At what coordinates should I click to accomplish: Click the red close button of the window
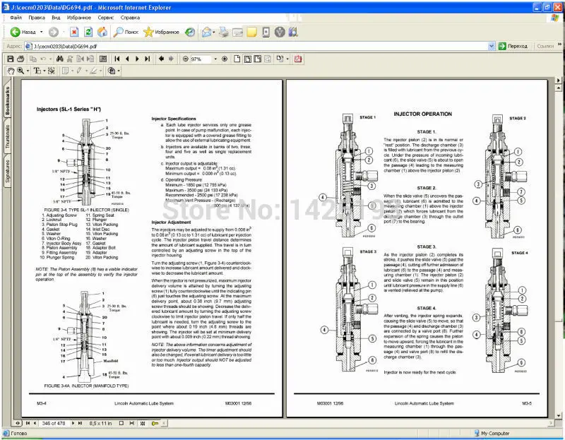pyautogui.click(x=557, y=5)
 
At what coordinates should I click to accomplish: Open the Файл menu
pyautogui.click(x=16, y=16)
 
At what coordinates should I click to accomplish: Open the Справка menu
pyautogui.click(x=130, y=16)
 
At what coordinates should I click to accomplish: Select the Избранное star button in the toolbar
pyautogui.click(x=161, y=32)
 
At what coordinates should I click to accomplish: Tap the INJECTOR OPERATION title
pyautogui.click(x=422, y=114)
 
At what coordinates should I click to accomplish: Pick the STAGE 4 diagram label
pyautogui.click(x=519, y=252)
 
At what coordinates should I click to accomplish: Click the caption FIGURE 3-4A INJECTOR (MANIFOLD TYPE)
pyautogui.click(x=85, y=386)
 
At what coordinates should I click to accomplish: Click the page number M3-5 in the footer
pyautogui.click(x=526, y=403)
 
